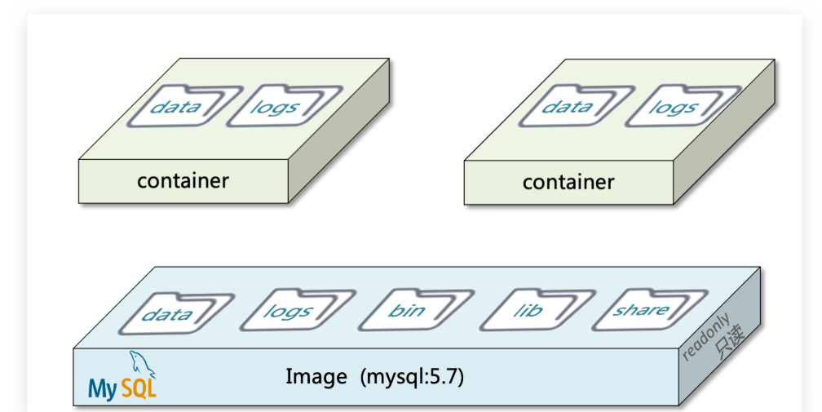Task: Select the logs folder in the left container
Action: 276,106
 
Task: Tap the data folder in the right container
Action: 568,107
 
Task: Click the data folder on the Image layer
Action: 168,314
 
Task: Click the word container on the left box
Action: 183,180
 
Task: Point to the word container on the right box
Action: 568,182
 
